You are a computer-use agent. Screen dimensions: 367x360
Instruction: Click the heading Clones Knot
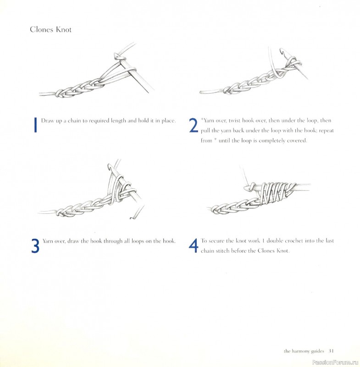point(50,30)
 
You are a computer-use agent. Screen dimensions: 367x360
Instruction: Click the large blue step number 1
point(35,125)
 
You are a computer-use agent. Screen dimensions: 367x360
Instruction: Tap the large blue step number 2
point(193,125)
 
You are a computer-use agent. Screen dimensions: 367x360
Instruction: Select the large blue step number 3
point(35,245)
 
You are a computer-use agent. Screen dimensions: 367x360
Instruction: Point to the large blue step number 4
point(193,245)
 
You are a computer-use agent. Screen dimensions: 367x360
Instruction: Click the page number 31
point(331,351)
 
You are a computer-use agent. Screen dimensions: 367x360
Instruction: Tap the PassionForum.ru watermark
point(338,361)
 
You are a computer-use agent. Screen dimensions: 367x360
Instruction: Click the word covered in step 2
point(295,141)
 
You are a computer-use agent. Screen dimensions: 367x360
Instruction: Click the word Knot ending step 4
point(282,251)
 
